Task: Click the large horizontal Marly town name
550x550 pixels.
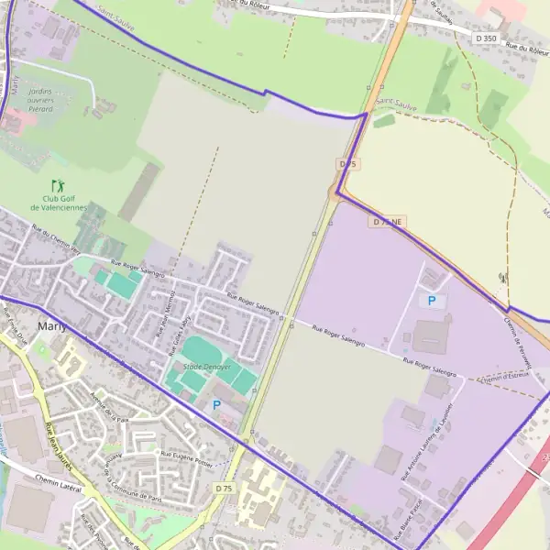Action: point(53,325)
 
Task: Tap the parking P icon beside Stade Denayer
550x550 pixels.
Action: point(217,404)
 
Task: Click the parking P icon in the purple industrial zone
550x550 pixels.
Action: point(429,300)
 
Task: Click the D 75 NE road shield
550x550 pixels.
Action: point(386,223)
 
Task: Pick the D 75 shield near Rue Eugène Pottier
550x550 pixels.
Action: point(224,489)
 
